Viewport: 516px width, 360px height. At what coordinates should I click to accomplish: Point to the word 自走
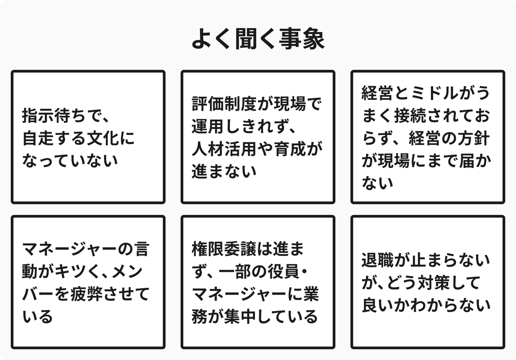tap(36, 138)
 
